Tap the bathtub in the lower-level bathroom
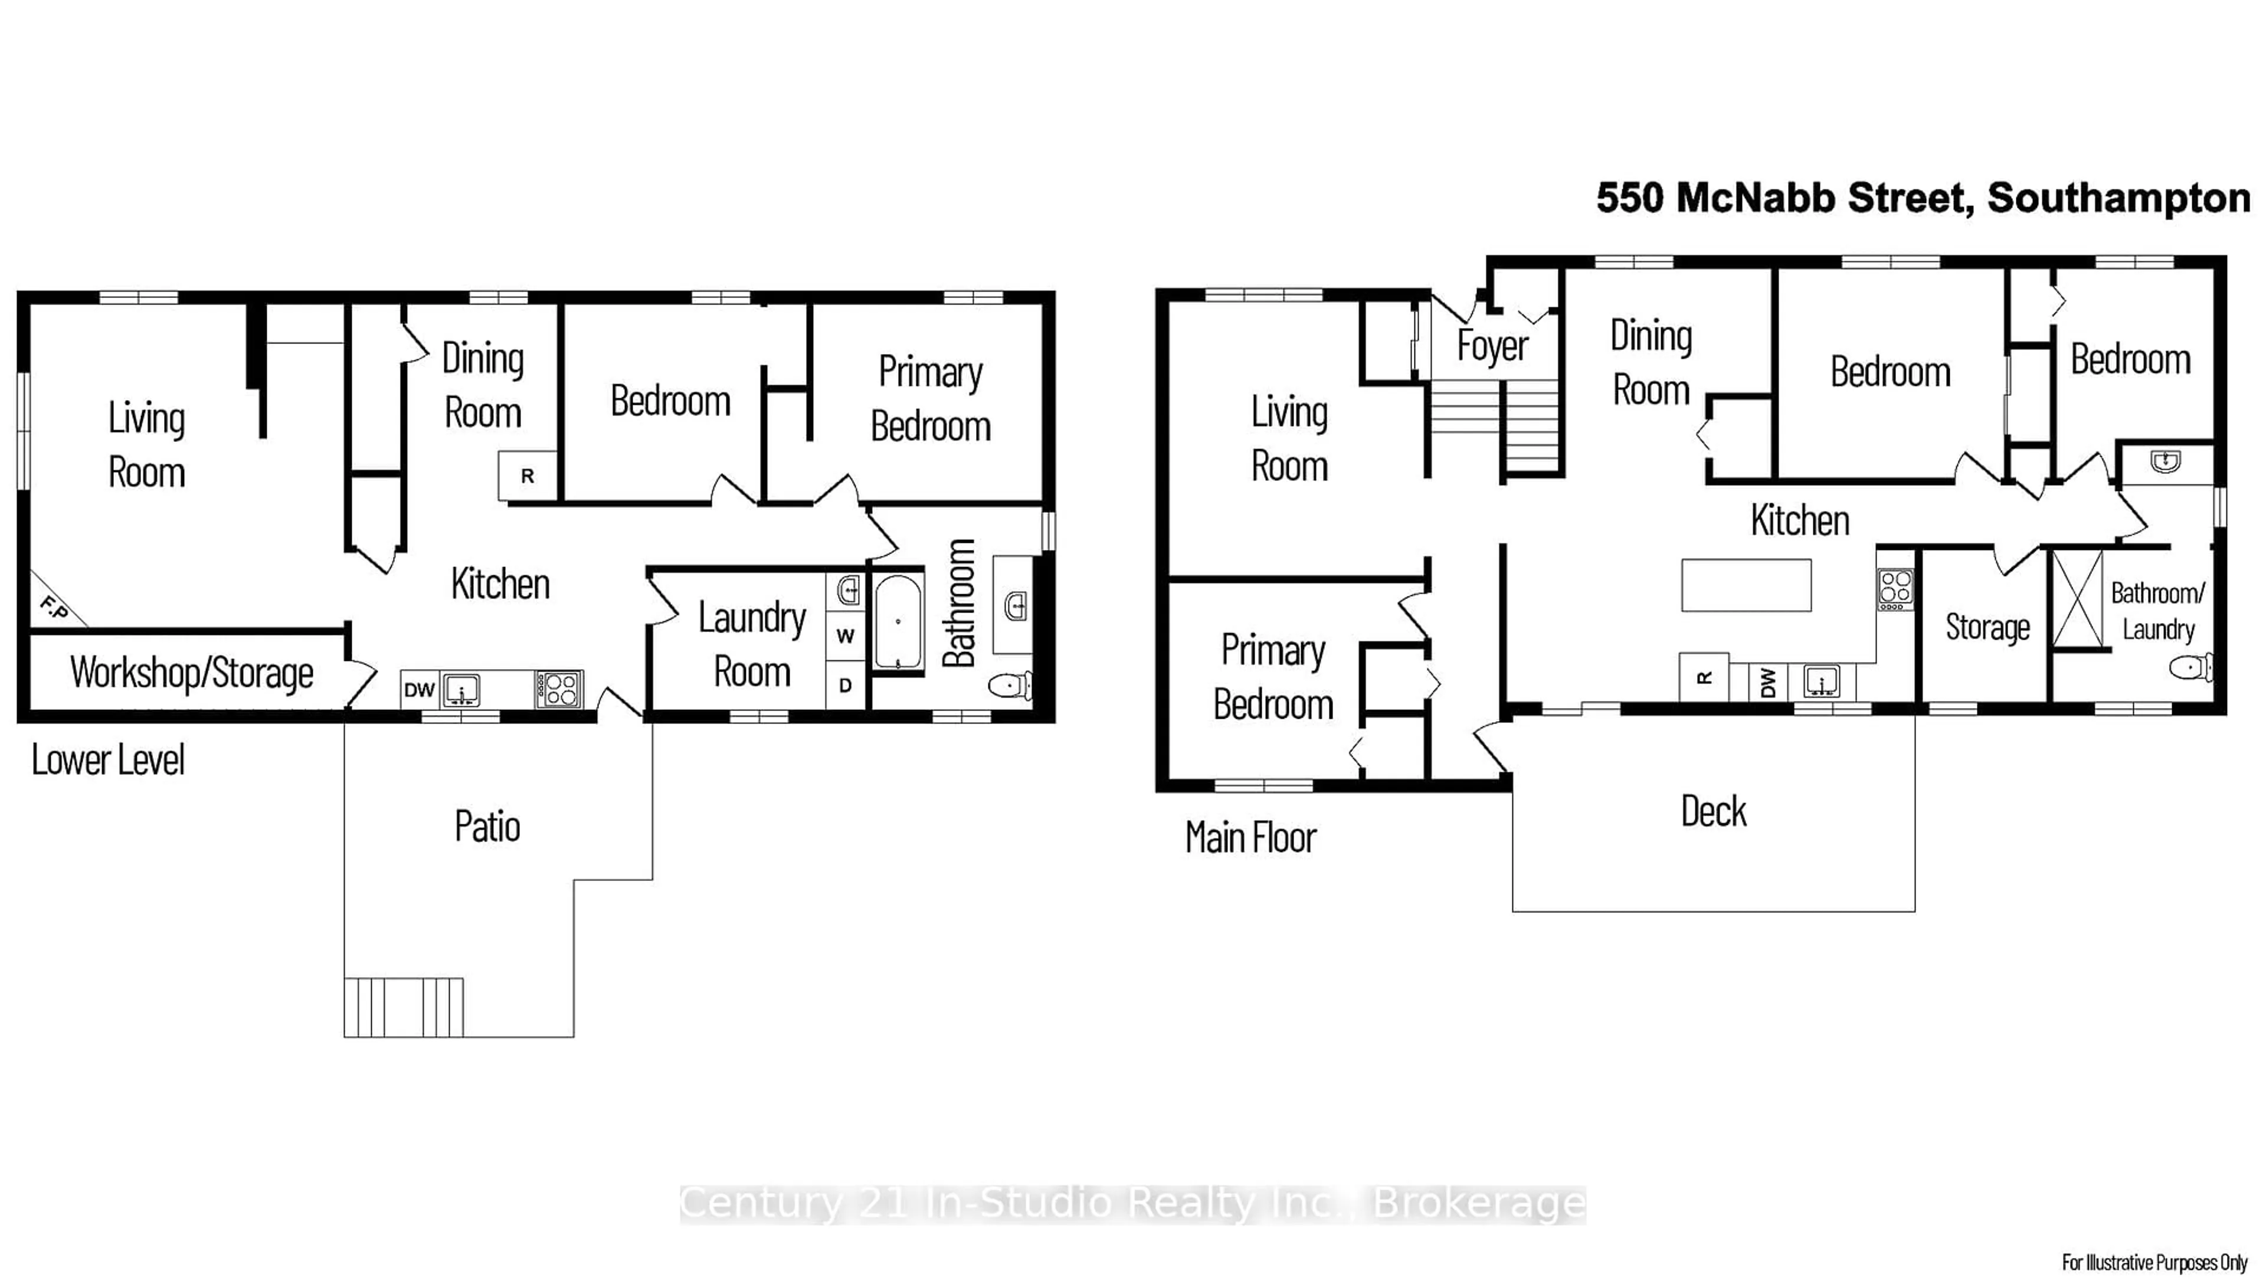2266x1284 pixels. [898, 623]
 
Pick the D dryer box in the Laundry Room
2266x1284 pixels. [844, 684]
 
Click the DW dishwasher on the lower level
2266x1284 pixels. [420, 690]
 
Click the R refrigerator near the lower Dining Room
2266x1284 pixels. [528, 476]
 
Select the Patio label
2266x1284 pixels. [487, 826]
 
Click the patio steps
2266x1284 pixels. [404, 1007]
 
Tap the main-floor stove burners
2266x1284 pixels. [1895, 589]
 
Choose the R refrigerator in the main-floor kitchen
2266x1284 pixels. [1704, 677]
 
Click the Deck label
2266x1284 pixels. [1713, 811]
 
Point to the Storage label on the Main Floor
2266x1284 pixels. [1987, 627]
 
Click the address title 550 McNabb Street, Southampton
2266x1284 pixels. [1923, 198]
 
